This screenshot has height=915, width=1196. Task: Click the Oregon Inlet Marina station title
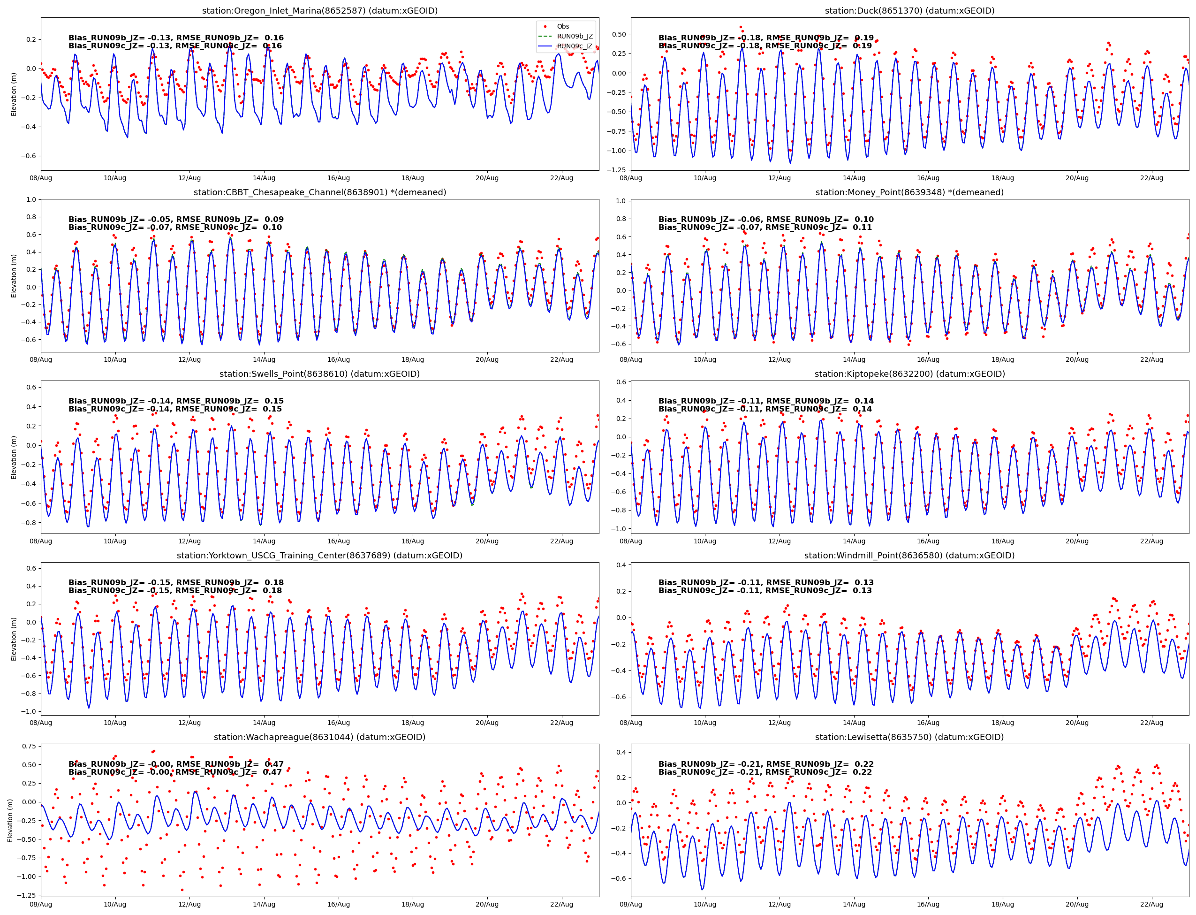click(x=319, y=11)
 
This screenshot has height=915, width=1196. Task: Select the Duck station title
click(x=909, y=11)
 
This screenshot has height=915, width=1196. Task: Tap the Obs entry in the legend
click(x=562, y=26)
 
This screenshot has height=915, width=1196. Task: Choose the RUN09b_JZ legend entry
click(x=575, y=37)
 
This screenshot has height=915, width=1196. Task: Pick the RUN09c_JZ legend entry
click(x=575, y=46)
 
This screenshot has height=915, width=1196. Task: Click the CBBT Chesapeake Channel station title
click(x=319, y=192)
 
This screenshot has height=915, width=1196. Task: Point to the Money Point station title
click(x=909, y=192)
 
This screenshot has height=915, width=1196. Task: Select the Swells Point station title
click(x=319, y=374)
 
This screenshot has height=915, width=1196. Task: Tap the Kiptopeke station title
click(x=909, y=374)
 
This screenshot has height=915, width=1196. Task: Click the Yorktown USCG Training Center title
click(x=319, y=556)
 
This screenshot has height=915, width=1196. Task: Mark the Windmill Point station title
click(x=909, y=556)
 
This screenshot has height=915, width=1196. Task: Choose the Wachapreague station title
click(x=319, y=737)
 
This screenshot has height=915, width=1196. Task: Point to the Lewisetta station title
click(x=909, y=737)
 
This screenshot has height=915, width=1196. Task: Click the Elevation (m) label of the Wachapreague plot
click(x=10, y=820)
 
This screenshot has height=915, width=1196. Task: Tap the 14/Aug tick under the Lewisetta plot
click(x=854, y=904)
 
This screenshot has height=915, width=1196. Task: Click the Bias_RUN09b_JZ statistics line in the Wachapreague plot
click(x=176, y=764)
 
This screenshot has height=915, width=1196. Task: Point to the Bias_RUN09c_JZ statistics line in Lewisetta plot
click(x=765, y=772)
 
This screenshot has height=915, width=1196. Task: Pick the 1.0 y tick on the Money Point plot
click(x=621, y=201)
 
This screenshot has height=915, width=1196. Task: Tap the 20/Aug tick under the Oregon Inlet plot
click(x=487, y=178)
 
